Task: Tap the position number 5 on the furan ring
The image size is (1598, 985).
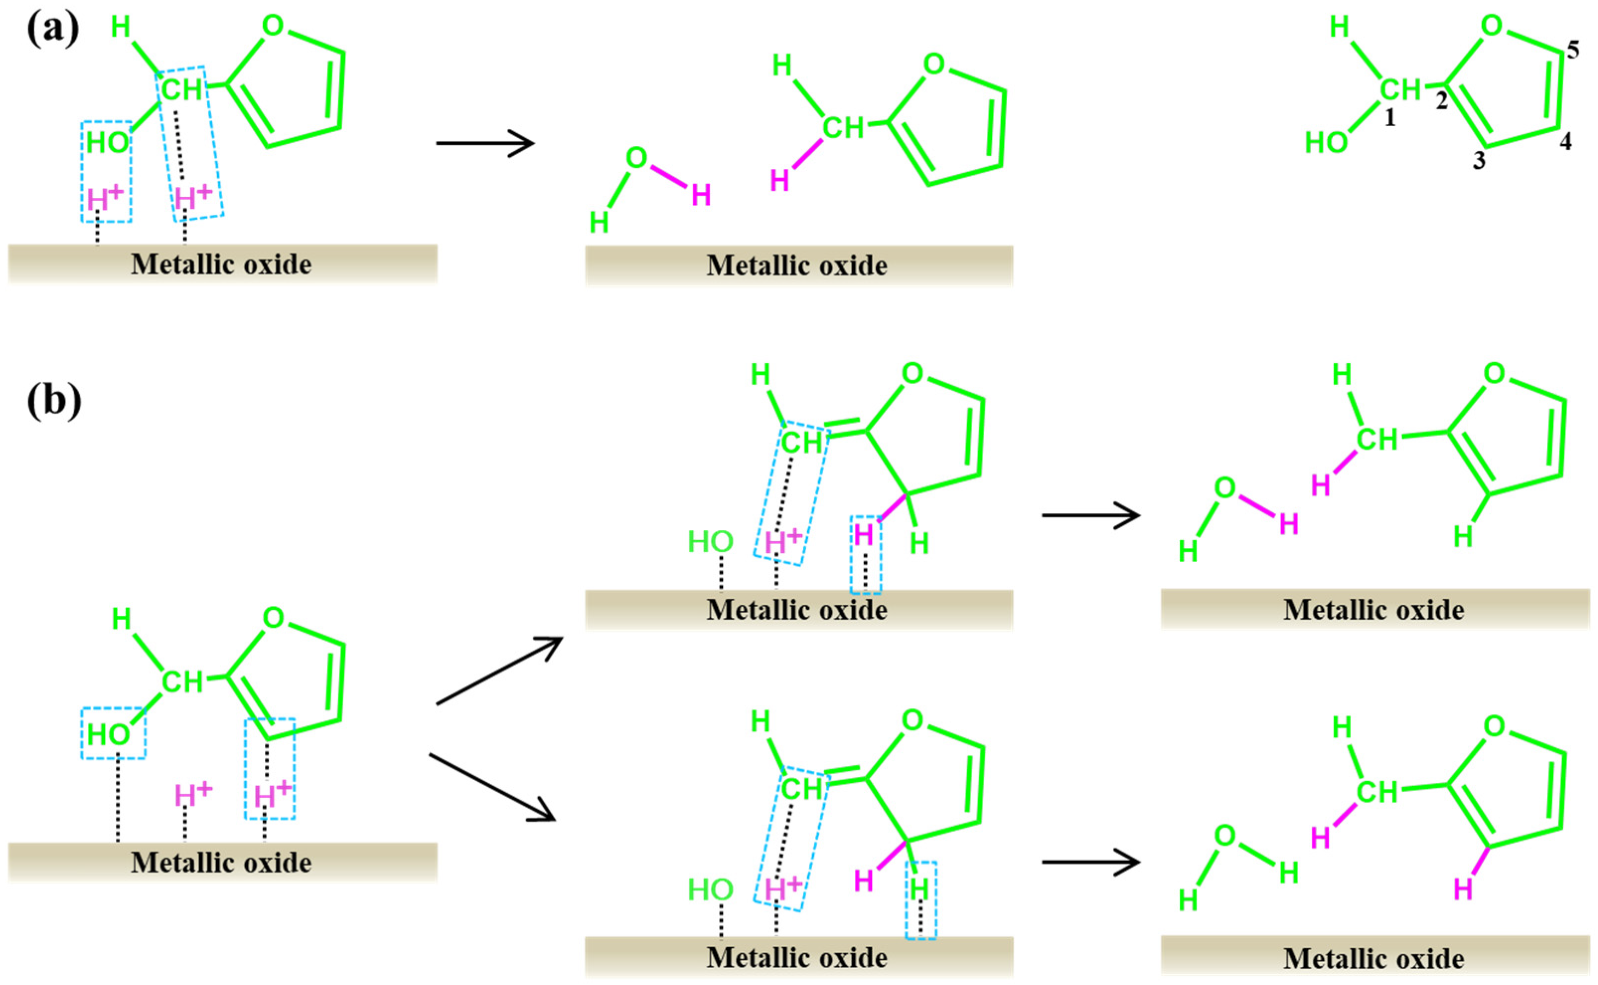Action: click(x=1573, y=50)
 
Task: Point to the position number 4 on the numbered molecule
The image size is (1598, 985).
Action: click(x=1565, y=141)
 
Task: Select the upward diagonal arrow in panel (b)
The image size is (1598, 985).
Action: click(x=498, y=670)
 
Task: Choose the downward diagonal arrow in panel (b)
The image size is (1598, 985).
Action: click(x=492, y=787)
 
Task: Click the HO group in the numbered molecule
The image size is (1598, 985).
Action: click(x=1326, y=143)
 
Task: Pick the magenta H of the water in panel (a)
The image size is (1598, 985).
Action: click(x=701, y=195)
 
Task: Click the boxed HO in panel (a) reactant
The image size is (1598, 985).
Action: click(x=107, y=143)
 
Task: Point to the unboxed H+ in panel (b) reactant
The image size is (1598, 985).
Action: click(x=193, y=795)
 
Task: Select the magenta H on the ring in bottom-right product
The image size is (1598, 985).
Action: click(x=1462, y=889)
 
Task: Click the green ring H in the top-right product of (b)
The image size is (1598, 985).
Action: click(x=1462, y=537)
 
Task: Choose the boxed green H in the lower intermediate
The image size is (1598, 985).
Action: click(x=919, y=888)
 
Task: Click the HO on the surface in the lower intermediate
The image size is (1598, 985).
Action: click(x=710, y=889)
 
